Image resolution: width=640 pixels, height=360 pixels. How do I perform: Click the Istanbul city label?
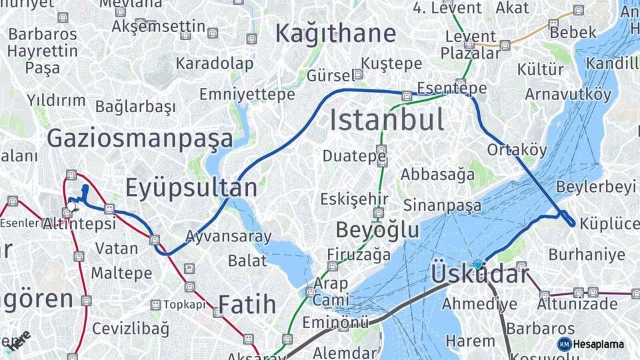(387, 121)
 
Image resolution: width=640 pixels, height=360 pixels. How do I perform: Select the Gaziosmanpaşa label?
(140, 139)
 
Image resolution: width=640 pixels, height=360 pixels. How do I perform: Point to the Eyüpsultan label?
(191, 187)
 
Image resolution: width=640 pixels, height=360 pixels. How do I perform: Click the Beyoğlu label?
(377, 230)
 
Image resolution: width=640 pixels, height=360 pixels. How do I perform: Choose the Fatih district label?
(247, 305)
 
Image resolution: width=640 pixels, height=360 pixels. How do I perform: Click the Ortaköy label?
(517, 150)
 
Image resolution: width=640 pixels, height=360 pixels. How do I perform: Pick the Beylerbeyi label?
(595, 187)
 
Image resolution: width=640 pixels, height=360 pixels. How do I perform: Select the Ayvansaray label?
(228, 236)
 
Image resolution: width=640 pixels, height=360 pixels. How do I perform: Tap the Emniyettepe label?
(247, 95)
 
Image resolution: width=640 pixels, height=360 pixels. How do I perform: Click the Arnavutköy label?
(568, 94)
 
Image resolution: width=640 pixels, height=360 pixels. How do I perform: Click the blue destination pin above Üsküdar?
(477, 265)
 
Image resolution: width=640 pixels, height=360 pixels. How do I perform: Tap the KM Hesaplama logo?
(591, 344)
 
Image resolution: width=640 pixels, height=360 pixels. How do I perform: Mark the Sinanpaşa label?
(442, 205)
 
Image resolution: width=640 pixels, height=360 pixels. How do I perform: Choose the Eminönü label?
(335, 323)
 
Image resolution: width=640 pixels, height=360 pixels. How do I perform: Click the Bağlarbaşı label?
(135, 107)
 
